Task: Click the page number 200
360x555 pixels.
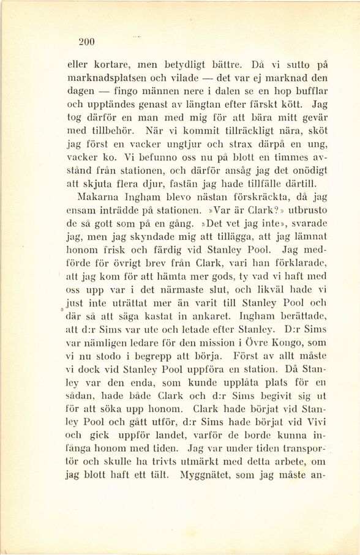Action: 86,42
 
